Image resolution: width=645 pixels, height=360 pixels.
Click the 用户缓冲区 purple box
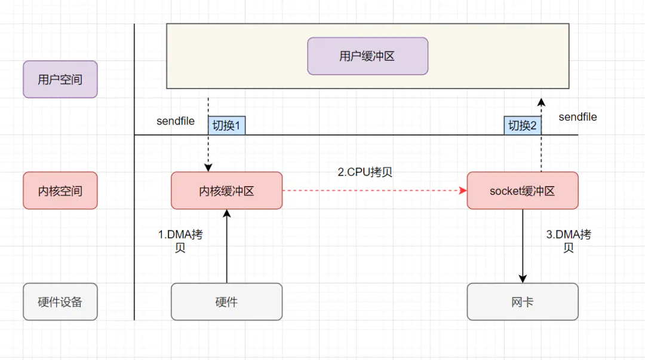367,56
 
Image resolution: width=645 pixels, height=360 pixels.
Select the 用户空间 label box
60,79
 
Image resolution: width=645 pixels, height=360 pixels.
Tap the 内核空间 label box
60,191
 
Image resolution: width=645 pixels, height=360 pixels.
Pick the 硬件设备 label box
60,301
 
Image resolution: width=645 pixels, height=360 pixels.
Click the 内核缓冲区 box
226,191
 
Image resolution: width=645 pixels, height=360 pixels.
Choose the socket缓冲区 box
522,191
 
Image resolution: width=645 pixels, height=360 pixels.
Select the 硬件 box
226,301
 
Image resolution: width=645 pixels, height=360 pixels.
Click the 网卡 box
522,301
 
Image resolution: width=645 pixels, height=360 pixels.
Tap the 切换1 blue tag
226,126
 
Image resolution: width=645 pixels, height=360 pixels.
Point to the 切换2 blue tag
522,126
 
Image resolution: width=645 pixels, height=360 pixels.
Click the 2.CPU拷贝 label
364,172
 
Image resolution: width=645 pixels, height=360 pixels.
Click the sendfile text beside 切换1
176,121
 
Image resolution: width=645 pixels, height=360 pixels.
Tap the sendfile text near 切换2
578,117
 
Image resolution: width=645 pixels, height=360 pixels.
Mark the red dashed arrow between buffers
373,191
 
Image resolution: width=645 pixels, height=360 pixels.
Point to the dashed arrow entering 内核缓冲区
208,150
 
